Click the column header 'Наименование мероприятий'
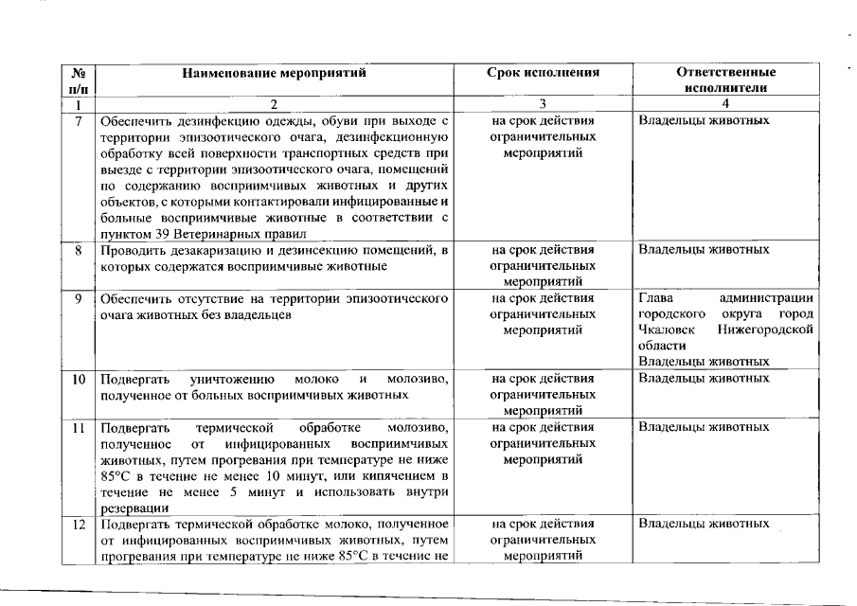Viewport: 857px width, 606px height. pos(274,72)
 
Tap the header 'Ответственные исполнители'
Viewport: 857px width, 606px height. pos(726,80)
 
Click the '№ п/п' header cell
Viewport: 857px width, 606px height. pos(80,80)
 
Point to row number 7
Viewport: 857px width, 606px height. pos(80,121)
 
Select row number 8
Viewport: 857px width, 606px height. pos(80,250)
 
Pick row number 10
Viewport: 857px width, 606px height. pos(80,379)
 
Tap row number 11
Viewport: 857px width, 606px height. pos(80,428)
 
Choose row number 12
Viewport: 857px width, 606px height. pos(80,524)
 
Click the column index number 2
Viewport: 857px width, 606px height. pos(274,104)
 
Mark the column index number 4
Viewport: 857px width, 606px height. pos(725,104)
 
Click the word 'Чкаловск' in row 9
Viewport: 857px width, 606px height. pos(664,330)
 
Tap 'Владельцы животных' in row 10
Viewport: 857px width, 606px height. pos(704,379)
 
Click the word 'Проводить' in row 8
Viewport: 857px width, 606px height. pos(132,250)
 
